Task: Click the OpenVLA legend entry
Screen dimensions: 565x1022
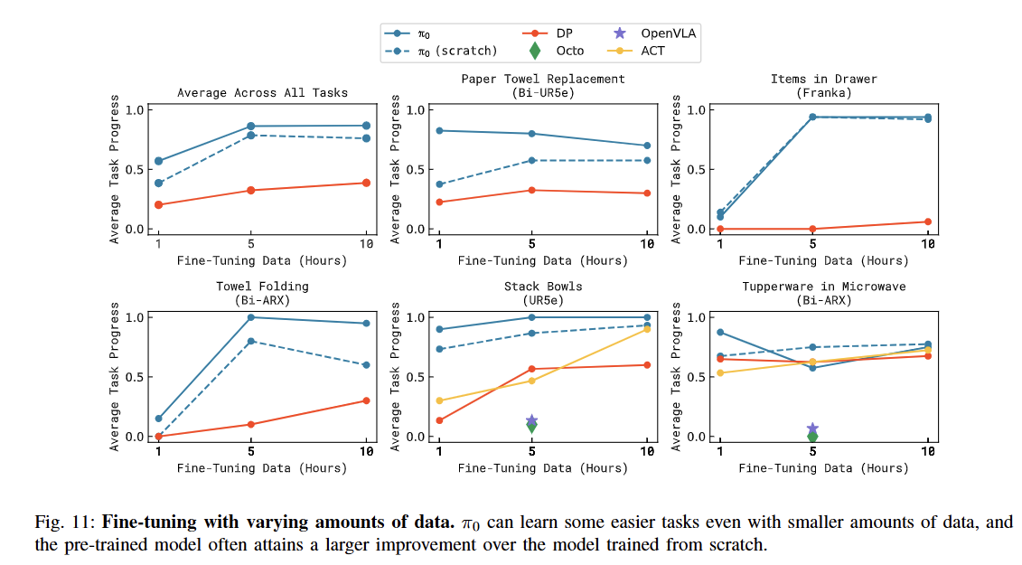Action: point(656,33)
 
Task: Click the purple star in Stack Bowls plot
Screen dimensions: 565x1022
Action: point(531,421)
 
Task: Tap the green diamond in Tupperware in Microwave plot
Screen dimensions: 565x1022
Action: point(812,437)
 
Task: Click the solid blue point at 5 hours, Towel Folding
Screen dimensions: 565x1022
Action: point(250,317)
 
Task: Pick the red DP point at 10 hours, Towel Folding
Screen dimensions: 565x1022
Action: point(366,400)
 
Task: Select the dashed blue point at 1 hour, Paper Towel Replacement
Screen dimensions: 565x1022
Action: point(439,184)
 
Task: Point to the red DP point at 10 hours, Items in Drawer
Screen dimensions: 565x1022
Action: point(928,221)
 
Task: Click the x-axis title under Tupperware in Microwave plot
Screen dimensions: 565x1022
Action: point(823,468)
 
